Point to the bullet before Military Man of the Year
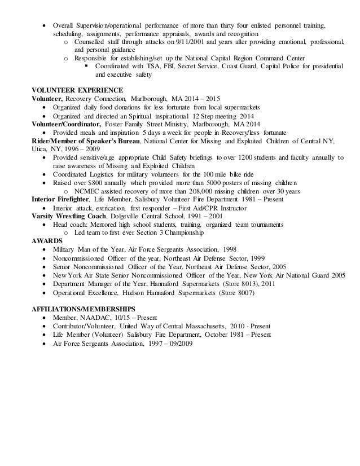tap(45, 249)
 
